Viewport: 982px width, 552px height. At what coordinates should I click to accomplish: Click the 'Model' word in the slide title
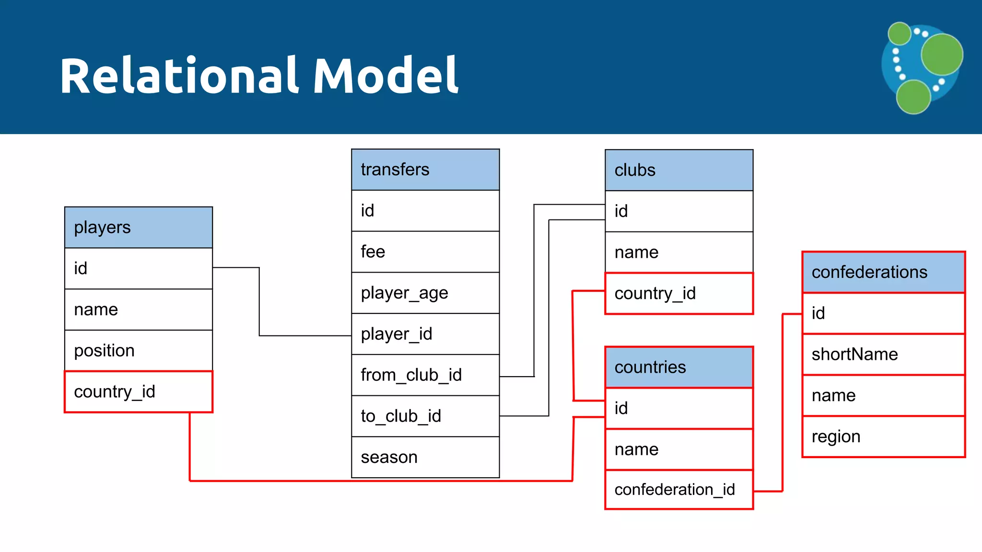[386, 76]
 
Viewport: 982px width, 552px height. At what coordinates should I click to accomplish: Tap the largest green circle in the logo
[942, 54]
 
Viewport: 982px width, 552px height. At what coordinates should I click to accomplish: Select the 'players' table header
[138, 227]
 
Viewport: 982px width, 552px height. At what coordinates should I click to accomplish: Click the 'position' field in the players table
[138, 350]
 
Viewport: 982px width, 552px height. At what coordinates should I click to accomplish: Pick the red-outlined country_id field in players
[138, 391]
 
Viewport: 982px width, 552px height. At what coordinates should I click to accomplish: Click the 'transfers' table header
[425, 170]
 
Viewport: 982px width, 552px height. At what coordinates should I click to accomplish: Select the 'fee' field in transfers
[425, 252]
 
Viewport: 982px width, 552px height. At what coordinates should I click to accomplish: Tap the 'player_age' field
[425, 293]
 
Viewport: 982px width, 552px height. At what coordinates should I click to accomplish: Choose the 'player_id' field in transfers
[425, 334]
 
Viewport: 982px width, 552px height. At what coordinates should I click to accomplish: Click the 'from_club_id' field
[425, 375]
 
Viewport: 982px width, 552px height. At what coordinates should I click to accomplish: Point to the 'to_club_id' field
[425, 416]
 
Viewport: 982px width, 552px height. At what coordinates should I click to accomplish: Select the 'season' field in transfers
[425, 457]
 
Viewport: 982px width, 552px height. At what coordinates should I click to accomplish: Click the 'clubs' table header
[678, 170]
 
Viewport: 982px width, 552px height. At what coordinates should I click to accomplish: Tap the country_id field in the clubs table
[678, 293]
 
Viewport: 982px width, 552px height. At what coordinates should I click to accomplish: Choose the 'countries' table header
[678, 367]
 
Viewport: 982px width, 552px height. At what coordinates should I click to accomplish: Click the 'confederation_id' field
[678, 490]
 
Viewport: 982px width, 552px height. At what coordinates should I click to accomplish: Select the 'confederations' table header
[883, 272]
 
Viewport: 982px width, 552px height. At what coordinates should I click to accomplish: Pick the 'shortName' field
[883, 354]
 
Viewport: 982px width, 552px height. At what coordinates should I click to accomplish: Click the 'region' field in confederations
[883, 437]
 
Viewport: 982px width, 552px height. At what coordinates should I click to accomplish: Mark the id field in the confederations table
[883, 313]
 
